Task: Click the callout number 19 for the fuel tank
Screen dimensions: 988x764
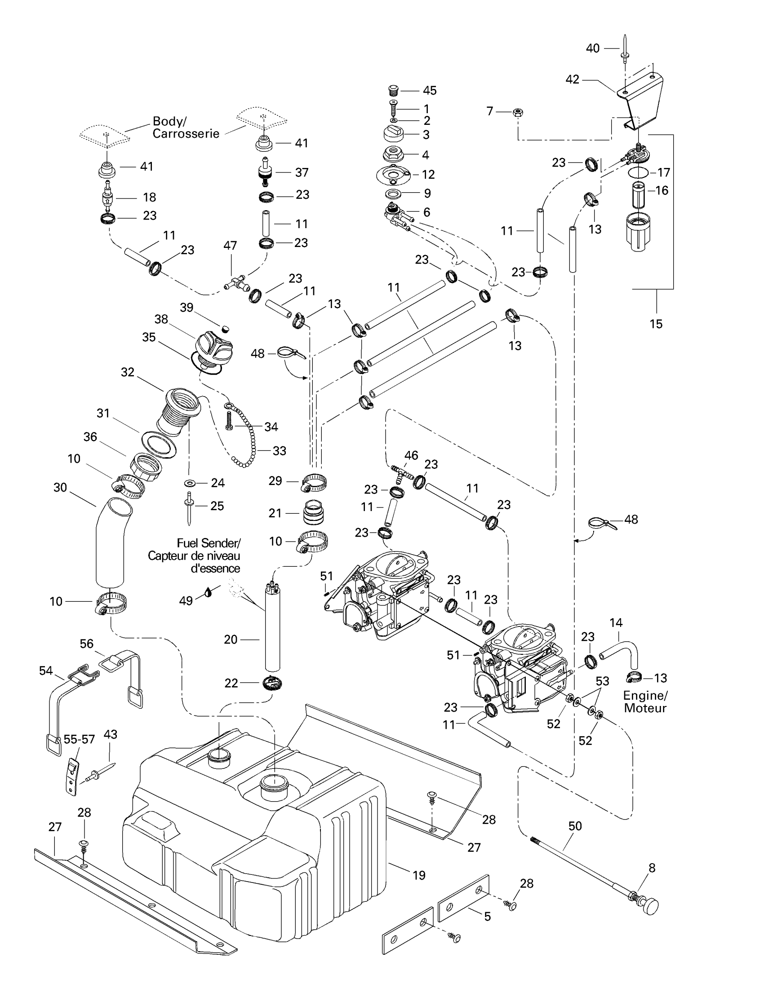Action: click(419, 875)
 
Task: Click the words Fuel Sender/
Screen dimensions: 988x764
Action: click(209, 543)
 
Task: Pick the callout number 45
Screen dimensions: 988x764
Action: click(430, 90)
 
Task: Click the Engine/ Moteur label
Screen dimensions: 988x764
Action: click(645, 701)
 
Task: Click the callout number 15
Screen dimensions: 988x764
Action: click(656, 324)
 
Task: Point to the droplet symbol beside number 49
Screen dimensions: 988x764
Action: click(208, 592)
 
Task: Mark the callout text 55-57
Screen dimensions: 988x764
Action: click(79, 739)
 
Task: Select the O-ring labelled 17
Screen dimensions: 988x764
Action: click(638, 172)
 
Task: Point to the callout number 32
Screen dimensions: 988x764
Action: click(128, 372)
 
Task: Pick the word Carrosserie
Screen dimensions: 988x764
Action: click(186, 134)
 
